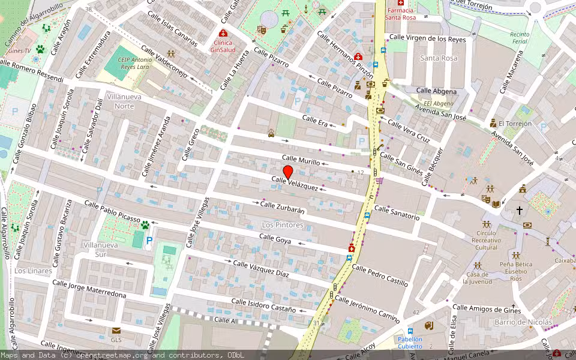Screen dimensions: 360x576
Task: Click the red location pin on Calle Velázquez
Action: point(287,172)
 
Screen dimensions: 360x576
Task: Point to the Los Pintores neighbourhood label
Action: point(283,225)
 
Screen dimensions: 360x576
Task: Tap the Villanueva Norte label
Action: point(120,101)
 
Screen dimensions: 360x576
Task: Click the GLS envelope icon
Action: point(116,331)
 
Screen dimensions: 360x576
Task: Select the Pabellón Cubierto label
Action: point(410,343)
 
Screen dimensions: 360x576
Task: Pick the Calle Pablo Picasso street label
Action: point(112,212)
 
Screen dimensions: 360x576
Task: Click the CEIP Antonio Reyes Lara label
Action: point(135,64)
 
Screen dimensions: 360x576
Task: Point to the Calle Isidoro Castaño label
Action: point(264,305)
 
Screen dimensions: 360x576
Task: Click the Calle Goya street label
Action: point(275,238)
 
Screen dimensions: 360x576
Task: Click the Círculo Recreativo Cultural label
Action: point(486,240)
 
